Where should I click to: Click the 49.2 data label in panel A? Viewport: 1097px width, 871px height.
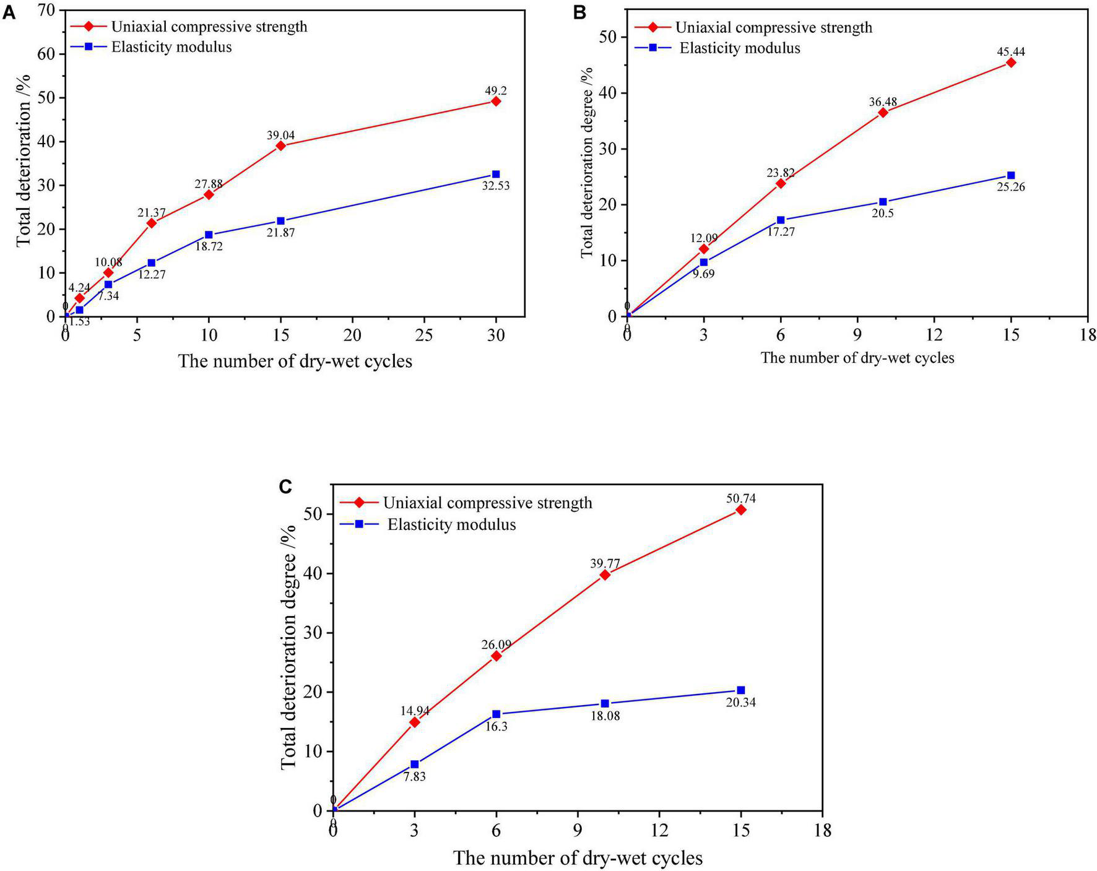coord(495,90)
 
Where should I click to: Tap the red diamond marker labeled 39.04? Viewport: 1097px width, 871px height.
coord(280,145)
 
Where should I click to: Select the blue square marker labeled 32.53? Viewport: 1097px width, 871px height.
coord(495,175)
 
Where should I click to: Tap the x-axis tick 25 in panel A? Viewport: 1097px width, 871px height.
coord(424,336)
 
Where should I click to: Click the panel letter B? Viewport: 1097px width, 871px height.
coord(579,12)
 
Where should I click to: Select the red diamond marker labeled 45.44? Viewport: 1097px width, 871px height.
coord(1011,63)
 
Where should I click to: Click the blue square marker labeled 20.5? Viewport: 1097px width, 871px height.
coord(883,202)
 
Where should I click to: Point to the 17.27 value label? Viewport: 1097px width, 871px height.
coord(781,232)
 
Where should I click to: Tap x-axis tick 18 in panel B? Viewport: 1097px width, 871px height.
coord(1087,336)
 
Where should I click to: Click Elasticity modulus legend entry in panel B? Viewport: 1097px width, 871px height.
coord(739,48)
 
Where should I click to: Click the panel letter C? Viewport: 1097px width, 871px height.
coord(285,487)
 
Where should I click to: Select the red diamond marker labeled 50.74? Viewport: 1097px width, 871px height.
coord(740,509)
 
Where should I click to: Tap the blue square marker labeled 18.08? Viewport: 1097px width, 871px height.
coord(605,703)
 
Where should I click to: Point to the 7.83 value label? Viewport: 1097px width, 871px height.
coord(414,776)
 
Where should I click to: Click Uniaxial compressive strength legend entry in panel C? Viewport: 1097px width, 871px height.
coord(487,503)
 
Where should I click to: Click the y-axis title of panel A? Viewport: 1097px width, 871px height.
coord(24,163)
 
